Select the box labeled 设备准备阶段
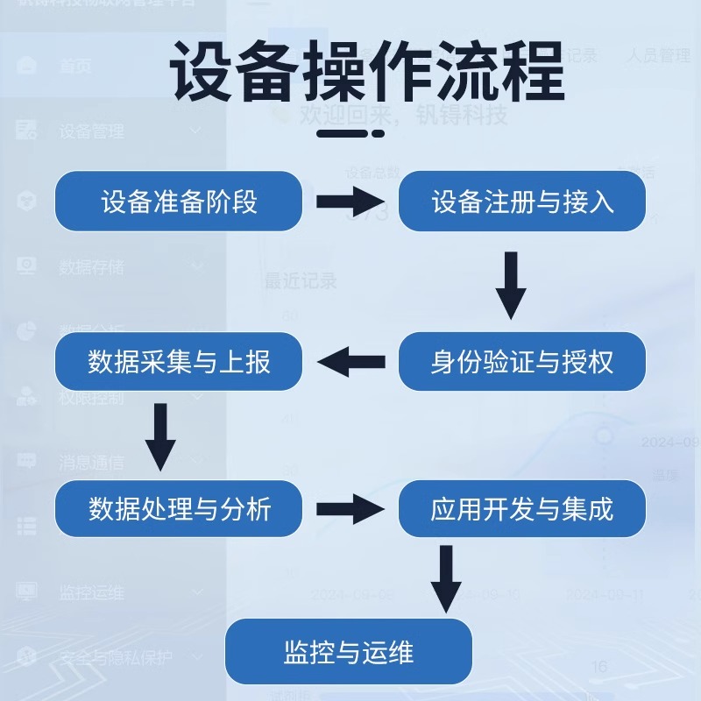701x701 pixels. [x=179, y=202]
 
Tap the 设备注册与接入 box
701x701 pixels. [x=522, y=202]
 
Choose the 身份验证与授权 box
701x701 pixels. [x=522, y=361]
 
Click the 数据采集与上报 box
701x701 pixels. [x=179, y=361]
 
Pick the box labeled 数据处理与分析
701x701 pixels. [x=179, y=508]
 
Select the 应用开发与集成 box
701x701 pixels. [x=522, y=508]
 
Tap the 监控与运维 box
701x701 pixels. [x=349, y=652]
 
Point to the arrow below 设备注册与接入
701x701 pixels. [x=511, y=285]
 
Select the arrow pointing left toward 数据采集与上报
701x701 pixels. [x=350, y=361]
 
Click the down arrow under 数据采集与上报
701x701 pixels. [x=160, y=435]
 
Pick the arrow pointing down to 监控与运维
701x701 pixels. [x=446, y=578]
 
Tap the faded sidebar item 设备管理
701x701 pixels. [x=91, y=132]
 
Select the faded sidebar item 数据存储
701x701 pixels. [x=91, y=267]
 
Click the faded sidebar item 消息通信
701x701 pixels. [x=91, y=463]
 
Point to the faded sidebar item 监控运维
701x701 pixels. [x=91, y=593]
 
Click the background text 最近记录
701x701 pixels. [x=301, y=281]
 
